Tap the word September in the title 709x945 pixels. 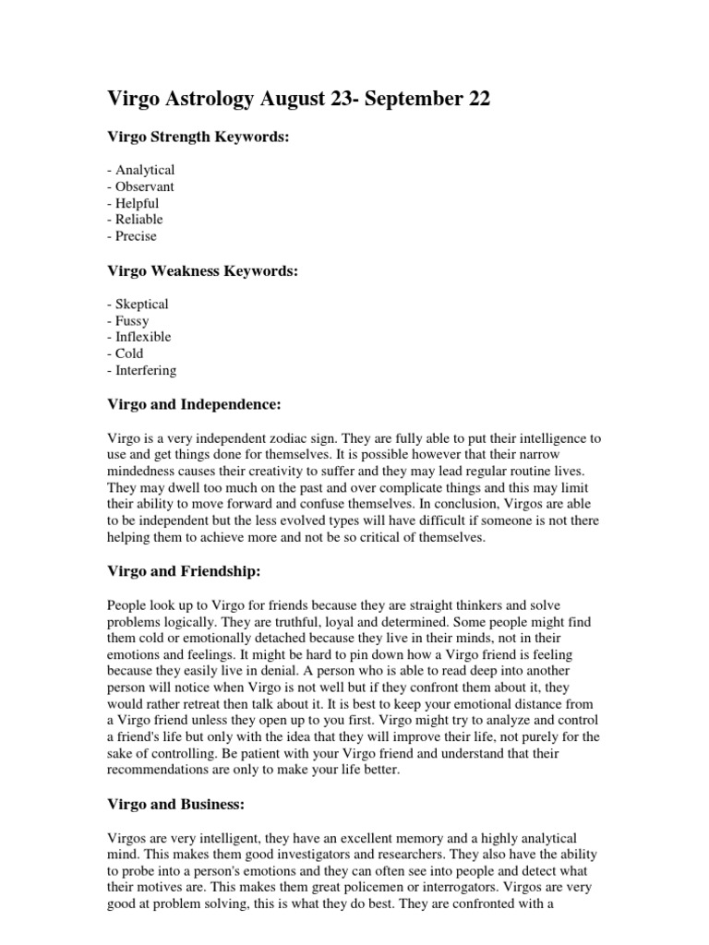416,100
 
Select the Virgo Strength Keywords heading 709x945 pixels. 198,137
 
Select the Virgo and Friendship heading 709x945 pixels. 185,571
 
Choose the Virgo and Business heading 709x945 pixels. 176,805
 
